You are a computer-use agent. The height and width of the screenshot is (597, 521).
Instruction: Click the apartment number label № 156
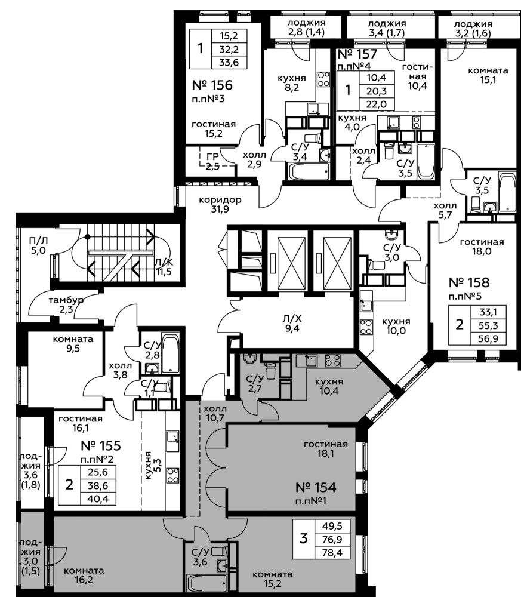click(x=212, y=85)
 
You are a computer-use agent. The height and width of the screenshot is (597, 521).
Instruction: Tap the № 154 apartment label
click(x=316, y=487)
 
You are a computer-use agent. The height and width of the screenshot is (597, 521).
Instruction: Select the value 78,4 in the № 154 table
click(x=333, y=552)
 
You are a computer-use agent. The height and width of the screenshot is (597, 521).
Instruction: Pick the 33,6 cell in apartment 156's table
click(x=229, y=62)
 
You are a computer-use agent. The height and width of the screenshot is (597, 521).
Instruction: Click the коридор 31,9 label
click(x=220, y=204)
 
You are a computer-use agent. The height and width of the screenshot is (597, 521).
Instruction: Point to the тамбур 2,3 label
click(x=66, y=304)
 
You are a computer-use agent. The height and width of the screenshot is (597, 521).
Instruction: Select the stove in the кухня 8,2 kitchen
click(x=323, y=79)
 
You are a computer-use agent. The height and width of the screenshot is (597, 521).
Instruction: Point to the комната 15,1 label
click(x=488, y=75)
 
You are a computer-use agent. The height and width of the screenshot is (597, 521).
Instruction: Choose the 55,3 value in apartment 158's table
click(x=489, y=325)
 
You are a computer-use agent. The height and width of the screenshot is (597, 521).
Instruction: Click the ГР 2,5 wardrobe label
click(x=212, y=161)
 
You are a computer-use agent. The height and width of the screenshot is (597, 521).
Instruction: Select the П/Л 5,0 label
click(x=38, y=245)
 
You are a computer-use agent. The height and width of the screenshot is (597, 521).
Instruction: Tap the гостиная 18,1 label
click(x=326, y=448)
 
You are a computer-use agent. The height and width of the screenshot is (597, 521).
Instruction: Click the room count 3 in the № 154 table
click(x=303, y=538)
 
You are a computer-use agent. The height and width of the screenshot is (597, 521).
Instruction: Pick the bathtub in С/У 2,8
click(x=170, y=353)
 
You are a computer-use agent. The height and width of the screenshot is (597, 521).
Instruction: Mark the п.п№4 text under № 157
click(x=354, y=66)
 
